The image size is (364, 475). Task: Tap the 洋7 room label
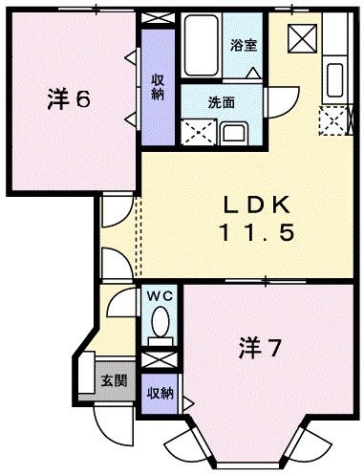[260, 348]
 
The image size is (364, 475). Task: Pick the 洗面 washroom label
[222, 101]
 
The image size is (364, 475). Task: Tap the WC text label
[158, 295]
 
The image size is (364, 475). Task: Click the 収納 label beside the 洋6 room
[157, 85]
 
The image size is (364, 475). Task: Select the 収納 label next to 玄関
[159, 391]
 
